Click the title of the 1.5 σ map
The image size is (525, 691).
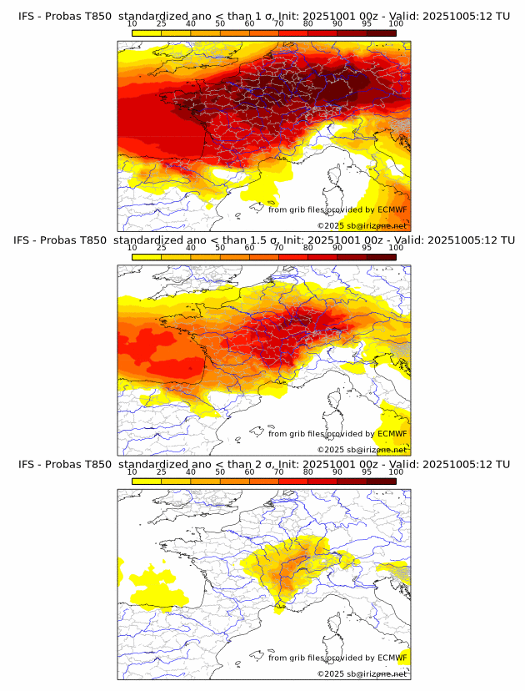click(263, 240)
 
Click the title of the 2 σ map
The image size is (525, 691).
click(263, 464)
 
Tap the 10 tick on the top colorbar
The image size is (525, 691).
click(132, 24)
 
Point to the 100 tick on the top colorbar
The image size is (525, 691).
click(396, 24)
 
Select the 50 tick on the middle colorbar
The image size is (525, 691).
click(220, 248)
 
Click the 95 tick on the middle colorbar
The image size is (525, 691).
click(367, 248)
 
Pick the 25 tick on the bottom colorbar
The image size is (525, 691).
click(162, 472)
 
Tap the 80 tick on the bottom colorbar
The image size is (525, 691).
click(308, 472)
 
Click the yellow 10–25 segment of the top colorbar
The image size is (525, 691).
click(147, 33)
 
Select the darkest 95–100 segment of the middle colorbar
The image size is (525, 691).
click(381, 256)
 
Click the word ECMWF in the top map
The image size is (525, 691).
click(392, 210)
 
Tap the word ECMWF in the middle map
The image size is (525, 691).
click(392, 434)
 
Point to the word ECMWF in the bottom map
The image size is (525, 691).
click(392, 658)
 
